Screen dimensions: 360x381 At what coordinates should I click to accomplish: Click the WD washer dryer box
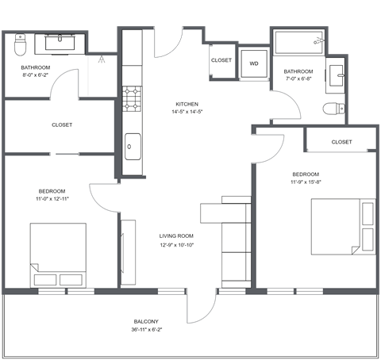tap(255, 63)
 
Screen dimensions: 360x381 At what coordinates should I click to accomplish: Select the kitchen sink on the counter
tap(133, 146)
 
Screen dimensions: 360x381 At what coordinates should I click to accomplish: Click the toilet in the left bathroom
tap(21, 40)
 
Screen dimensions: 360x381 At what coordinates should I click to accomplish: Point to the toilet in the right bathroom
tap(333, 108)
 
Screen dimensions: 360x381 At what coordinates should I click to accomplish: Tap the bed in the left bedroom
tap(58, 255)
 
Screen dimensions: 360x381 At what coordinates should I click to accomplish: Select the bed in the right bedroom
tap(342, 227)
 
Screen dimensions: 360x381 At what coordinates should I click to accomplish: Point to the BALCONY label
tap(145, 321)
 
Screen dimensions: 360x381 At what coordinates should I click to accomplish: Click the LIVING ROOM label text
tap(176, 236)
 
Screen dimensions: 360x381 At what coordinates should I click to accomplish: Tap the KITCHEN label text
tap(187, 104)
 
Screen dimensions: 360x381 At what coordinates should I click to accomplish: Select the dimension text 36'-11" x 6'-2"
tap(145, 330)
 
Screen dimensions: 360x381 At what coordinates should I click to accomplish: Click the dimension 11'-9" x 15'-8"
tap(306, 182)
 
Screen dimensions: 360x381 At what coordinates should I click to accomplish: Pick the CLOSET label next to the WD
tap(221, 60)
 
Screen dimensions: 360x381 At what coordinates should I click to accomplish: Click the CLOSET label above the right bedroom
tap(341, 142)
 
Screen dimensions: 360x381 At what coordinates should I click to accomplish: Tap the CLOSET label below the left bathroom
tap(62, 124)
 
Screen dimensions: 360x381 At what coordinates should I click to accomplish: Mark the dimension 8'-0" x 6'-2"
tap(36, 77)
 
